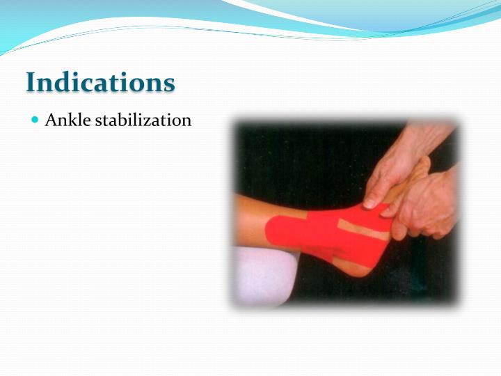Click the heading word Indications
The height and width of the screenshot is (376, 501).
(100, 82)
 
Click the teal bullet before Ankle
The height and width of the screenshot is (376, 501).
(35, 120)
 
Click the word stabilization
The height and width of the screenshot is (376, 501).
(143, 120)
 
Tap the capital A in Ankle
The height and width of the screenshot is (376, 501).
(51, 120)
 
